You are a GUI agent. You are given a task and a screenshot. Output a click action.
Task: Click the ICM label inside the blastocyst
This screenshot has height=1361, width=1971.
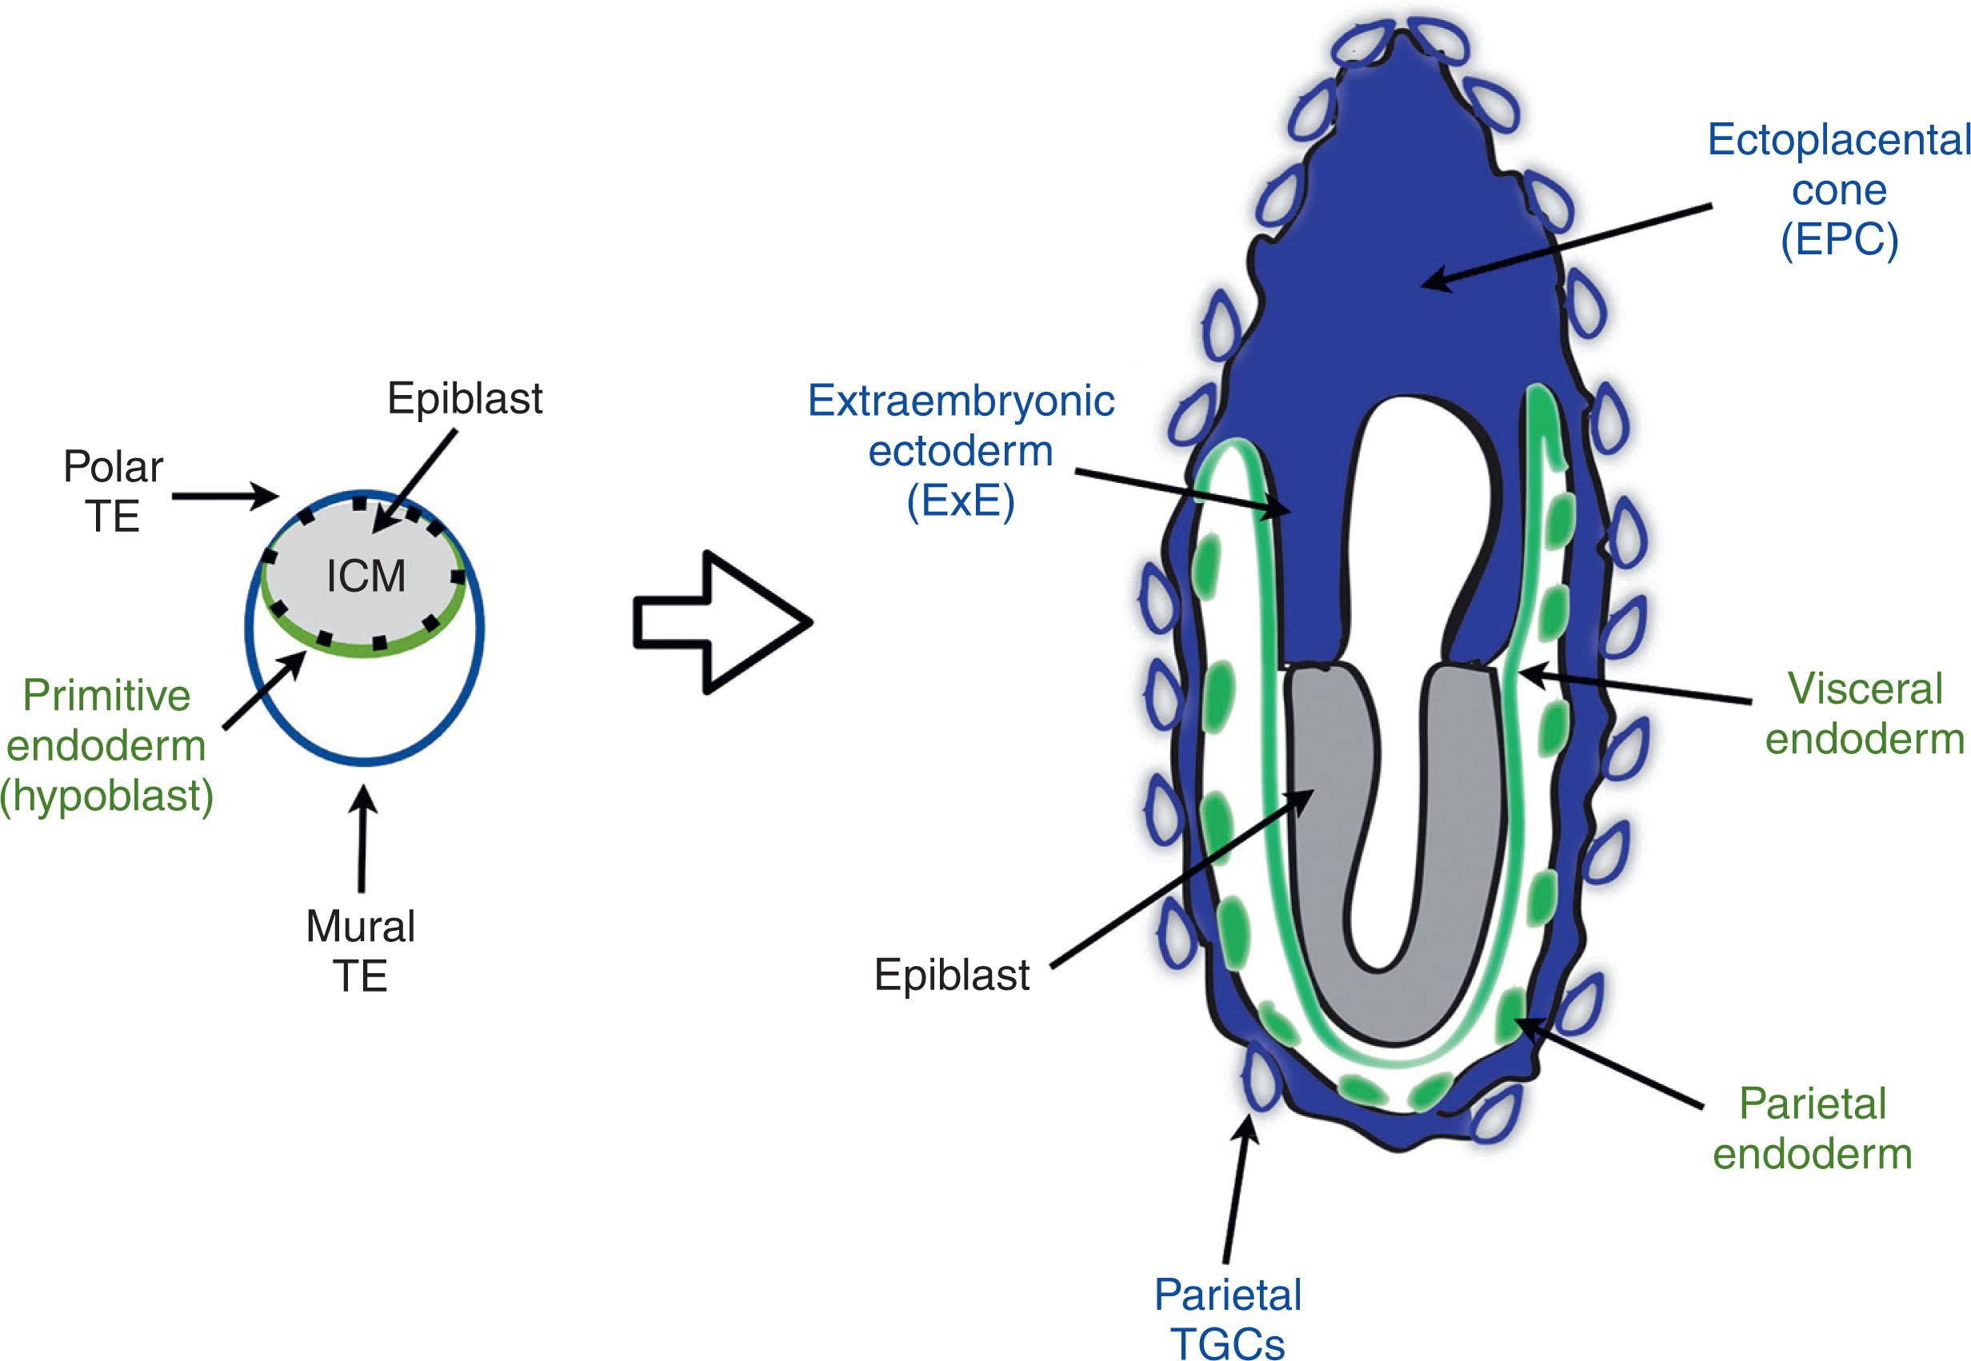pos(366,577)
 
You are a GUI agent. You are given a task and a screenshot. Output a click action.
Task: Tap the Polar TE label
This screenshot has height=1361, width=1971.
pos(113,492)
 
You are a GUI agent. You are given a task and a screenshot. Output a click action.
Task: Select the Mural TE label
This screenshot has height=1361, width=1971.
pos(360,951)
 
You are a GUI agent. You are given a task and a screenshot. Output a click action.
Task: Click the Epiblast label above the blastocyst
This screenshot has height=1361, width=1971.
pos(465,398)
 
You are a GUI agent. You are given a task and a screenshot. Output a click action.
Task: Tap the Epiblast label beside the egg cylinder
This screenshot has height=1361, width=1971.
pos(952,974)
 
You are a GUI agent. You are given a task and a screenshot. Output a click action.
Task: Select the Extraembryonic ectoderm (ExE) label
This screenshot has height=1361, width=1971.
pos(962,451)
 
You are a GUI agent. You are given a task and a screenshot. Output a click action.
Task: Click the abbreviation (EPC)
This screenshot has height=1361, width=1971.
pos(1839,241)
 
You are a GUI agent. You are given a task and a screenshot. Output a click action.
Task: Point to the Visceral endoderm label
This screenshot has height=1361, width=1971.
pos(1865,713)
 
